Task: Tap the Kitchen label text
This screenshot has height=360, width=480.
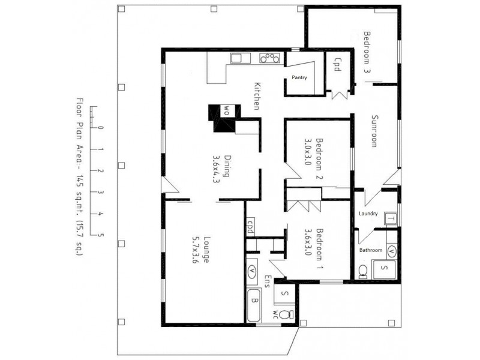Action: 257,95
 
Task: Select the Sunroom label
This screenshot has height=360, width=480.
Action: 374,131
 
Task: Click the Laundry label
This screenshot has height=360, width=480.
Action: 368,214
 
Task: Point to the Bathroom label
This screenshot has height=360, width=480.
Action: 371,249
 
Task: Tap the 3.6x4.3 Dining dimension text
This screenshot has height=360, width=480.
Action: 216,170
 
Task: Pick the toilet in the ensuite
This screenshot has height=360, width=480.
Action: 287,314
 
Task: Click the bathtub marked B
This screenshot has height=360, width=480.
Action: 254,302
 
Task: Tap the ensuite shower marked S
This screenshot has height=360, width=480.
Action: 284,294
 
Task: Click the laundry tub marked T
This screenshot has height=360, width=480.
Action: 391,219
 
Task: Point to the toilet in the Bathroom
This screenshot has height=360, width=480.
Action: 362,271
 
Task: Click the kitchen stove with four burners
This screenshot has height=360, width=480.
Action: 269,58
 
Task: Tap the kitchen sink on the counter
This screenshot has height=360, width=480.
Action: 236,58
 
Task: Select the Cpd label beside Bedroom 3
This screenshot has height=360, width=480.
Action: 337,64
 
